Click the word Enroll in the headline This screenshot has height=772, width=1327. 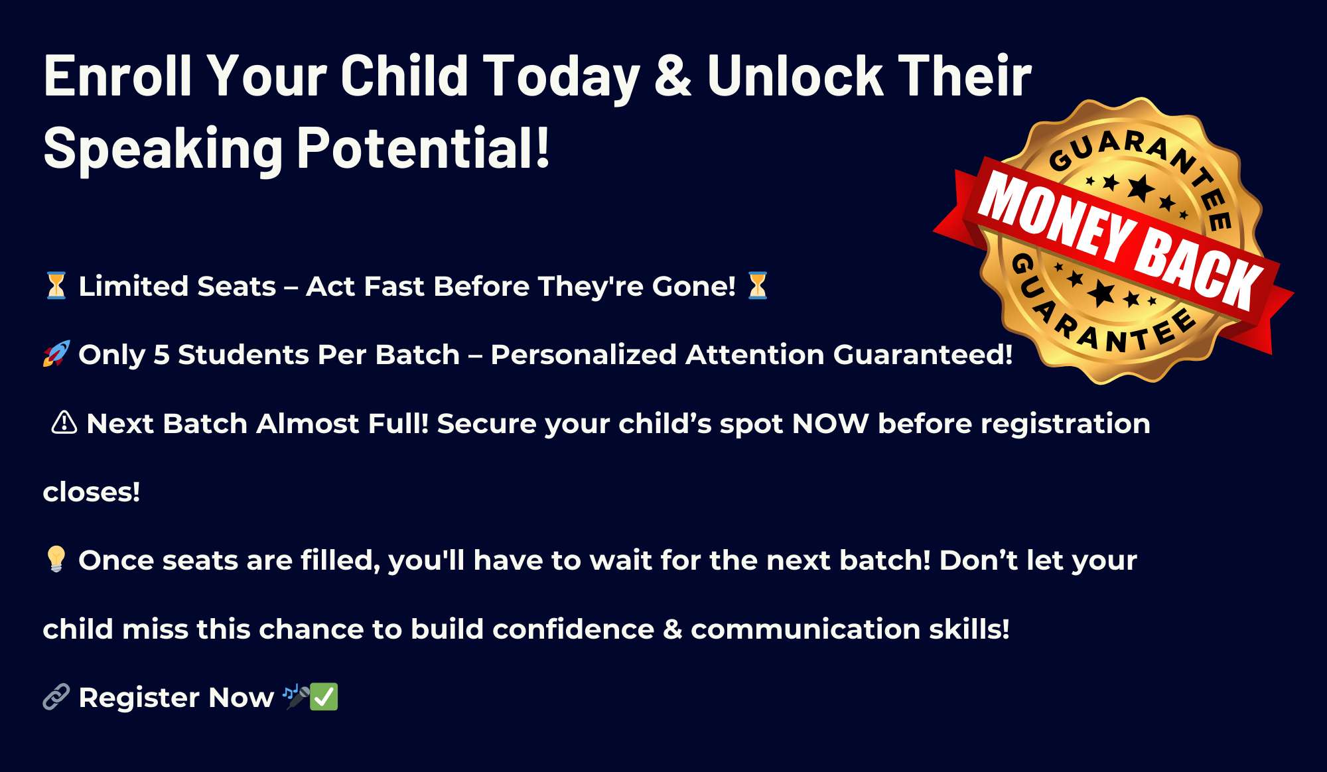tap(117, 76)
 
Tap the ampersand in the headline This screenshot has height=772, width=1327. tap(673, 76)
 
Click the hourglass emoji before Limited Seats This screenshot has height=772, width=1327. tap(56, 286)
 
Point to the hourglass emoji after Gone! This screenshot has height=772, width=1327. tap(757, 286)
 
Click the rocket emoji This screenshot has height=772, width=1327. tap(56, 354)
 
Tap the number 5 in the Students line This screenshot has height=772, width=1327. tap(161, 355)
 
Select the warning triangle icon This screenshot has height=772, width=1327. tap(64, 422)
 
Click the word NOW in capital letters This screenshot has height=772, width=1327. tap(830, 423)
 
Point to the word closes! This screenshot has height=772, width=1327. tap(92, 492)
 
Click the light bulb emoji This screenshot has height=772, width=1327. tap(56, 559)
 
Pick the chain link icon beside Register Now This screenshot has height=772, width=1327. tap(56, 697)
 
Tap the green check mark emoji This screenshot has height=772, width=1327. tap(324, 697)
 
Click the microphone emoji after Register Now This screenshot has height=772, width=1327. tap(296, 697)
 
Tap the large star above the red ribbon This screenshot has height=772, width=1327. tap(1141, 188)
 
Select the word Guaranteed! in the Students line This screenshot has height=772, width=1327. tap(923, 355)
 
